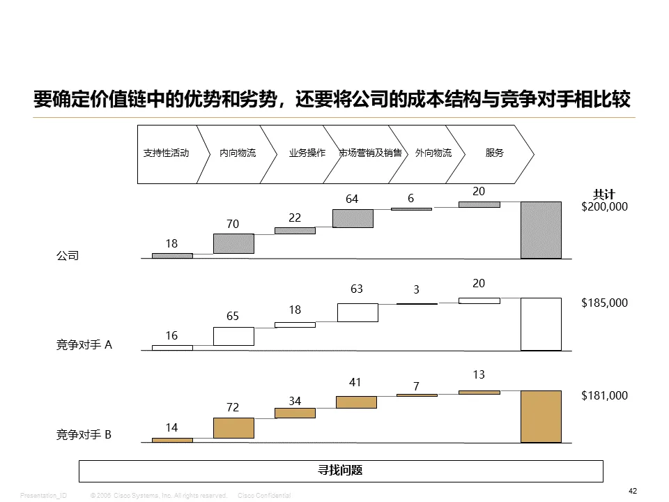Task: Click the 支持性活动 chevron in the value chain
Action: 166,153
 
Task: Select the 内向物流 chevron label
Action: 238,153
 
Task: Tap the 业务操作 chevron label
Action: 307,153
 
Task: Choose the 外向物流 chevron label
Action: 433,153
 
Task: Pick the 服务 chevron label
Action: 494,153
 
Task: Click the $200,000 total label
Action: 604,207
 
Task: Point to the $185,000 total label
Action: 604,303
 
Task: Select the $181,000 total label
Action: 604,395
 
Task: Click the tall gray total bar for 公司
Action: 541,230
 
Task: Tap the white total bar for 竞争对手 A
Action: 541,324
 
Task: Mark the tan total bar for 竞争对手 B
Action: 541,416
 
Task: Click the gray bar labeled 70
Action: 233,243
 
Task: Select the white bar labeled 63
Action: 357,312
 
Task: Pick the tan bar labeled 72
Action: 233,427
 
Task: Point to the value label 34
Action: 295,401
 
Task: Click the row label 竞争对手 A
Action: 84,344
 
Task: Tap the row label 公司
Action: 68,256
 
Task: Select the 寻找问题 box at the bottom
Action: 341,471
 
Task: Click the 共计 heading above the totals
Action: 603,195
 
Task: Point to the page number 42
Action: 633,492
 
